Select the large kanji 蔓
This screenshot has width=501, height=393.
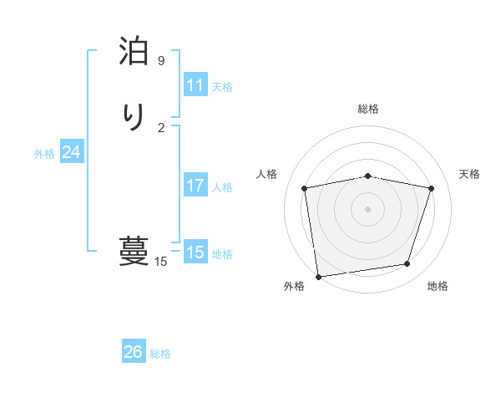pyautogui.click(x=134, y=250)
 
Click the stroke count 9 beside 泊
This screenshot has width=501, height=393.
pyautogui.click(x=161, y=61)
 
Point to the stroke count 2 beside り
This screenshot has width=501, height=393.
pyautogui.click(x=161, y=127)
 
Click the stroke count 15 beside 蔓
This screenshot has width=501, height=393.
pyautogui.click(x=161, y=262)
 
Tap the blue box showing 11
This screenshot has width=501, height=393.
pyautogui.click(x=195, y=85)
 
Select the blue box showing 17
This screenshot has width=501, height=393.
pyautogui.click(x=195, y=186)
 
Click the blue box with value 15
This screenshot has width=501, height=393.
pyautogui.click(x=195, y=253)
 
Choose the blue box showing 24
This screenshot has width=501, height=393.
pyautogui.click(x=72, y=152)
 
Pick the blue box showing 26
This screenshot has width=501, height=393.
pyautogui.click(x=134, y=352)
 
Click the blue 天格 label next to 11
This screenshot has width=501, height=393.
pyautogui.click(x=222, y=87)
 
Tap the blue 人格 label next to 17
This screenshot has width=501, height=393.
pyautogui.click(x=222, y=187)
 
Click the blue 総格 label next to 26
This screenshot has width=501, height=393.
pyautogui.click(x=160, y=354)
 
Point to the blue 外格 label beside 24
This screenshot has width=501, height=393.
pyautogui.click(x=44, y=154)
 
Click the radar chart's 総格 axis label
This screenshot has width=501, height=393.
pyautogui.click(x=368, y=109)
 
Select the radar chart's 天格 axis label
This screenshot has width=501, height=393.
pyautogui.click(x=469, y=174)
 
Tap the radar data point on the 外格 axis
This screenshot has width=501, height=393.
pyautogui.click(x=318, y=276)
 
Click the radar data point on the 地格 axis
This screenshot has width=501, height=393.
pyautogui.click(x=407, y=264)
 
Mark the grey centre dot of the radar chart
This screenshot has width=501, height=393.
pyautogui.click(x=368, y=208)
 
